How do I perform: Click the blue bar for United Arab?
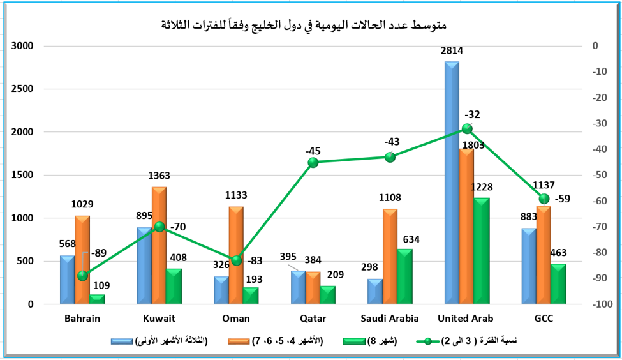tap(452, 185)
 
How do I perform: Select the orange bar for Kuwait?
tap(159, 246)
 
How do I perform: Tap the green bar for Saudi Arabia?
tap(404, 276)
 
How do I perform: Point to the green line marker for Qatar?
tap(313, 163)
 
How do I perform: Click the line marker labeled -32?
tap(467, 129)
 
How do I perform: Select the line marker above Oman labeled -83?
tap(237, 260)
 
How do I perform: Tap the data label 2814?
tap(452, 51)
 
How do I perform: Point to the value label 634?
tap(412, 240)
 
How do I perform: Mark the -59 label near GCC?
tap(563, 199)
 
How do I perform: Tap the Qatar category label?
tap(313, 318)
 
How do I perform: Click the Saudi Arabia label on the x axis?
tap(390, 318)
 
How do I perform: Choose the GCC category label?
tap(544, 318)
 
